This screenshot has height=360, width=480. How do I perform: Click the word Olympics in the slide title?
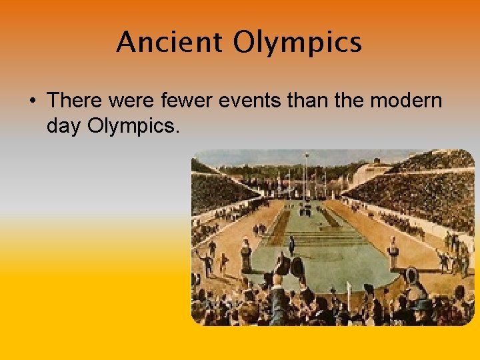point(297,43)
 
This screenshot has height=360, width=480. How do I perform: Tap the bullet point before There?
point(33,101)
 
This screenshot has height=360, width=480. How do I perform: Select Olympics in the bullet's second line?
point(133,125)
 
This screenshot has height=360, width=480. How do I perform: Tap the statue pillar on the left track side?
point(245,254)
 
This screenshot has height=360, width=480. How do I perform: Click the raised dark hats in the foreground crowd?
point(288,267)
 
